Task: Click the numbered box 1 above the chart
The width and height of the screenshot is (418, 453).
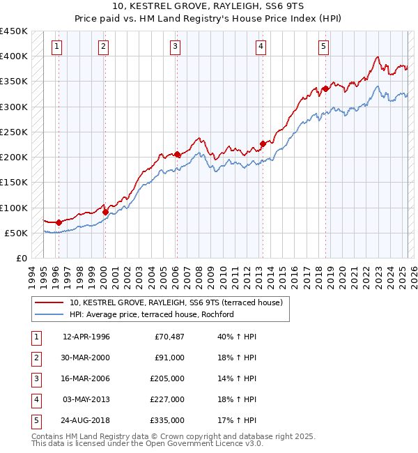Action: point(56,47)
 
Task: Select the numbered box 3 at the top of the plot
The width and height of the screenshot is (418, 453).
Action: point(174,47)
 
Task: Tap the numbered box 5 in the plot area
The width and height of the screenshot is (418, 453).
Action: point(324,47)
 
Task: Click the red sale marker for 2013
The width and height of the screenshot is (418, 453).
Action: point(263,144)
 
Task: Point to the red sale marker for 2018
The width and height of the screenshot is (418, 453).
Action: point(325,89)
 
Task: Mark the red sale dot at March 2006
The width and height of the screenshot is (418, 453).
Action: point(177,155)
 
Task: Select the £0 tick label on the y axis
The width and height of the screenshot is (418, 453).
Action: point(21,259)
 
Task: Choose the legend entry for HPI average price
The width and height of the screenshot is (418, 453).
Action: point(151,314)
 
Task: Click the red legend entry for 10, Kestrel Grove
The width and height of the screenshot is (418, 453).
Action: point(175,303)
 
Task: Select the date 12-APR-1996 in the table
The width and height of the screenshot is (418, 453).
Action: point(86,337)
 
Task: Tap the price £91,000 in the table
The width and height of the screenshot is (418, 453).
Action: point(169,358)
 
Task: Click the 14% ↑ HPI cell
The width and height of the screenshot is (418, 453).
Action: point(238,378)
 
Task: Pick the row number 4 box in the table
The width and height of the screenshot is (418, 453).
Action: point(36,399)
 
